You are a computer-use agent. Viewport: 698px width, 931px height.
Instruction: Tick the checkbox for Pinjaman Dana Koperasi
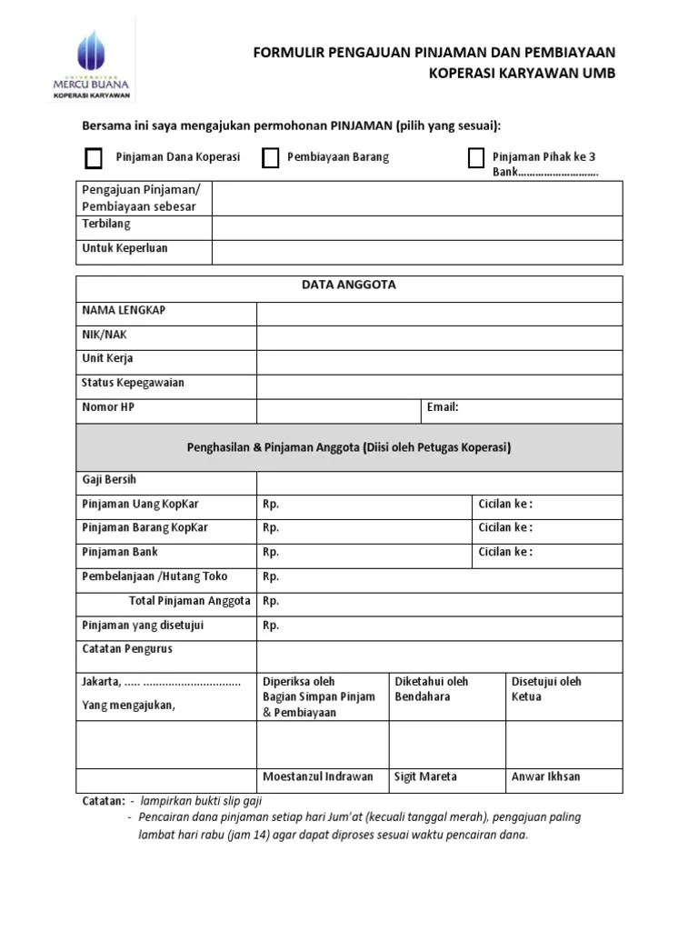[94, 158]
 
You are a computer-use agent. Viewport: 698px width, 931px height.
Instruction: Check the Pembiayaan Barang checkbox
[270, 158]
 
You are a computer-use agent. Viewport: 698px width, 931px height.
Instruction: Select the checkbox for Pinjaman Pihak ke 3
[475, 158]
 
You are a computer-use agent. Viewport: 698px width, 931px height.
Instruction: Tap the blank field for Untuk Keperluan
[417, 252]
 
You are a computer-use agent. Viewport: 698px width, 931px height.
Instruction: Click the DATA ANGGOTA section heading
[349, 285]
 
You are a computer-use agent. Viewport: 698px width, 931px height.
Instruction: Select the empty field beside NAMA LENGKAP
[439, 314]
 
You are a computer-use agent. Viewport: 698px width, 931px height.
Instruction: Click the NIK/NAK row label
[105, 335]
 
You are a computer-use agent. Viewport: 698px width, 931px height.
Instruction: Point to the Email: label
[443, 407]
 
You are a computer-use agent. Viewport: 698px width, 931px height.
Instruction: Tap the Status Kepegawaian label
[133, 383]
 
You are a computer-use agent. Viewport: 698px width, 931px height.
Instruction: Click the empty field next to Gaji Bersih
[439, 482]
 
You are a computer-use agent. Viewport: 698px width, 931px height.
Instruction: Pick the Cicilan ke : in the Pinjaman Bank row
[505, 552]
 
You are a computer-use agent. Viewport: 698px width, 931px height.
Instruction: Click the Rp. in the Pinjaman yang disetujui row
[271, 626]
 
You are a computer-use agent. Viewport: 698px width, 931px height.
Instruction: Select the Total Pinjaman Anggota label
[190, 601]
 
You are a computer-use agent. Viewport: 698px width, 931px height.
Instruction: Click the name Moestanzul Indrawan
[317, 777]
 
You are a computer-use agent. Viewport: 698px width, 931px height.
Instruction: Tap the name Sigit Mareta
[425, 777]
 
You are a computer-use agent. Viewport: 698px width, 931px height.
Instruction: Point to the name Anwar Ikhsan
[545, 777]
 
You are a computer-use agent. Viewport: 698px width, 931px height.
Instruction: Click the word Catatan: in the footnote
[103, 801]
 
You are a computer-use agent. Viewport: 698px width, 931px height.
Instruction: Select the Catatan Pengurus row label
[127, 649]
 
